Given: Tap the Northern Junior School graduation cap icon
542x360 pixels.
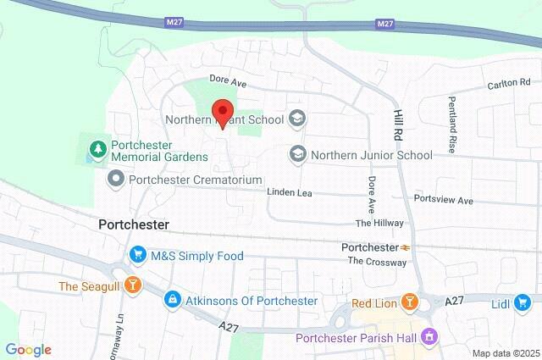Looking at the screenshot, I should pyautogui.click(x=297, y=154).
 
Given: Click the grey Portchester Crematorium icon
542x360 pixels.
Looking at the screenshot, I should pyautogui.click(x=115, y=180).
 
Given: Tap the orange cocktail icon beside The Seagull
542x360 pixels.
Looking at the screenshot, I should pyautogui.click(x=131, y=285).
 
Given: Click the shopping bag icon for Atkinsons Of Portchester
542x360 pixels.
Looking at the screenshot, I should pyautogui.click(x=173, y=300).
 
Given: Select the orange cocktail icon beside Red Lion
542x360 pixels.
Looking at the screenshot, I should pyautogui.click(x=409, y=302).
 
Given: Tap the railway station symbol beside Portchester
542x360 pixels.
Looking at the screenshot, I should pyautogui.click(x=407, y=247).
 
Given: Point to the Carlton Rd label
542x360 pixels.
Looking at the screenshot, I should pyautogui.click(x=507, y=85).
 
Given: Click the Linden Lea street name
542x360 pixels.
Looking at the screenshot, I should pyautogui.click(x=290, y=193).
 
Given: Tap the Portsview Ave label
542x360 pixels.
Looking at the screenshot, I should pyautogui.click(x=443, y=200).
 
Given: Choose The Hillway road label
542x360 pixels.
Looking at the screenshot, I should pyautogui.click(x=379, y=223).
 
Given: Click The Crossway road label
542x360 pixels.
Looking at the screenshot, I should pyautogui.click(x=378, y=262).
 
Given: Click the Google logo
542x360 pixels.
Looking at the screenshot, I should pyautogui.click(x=28, y=350).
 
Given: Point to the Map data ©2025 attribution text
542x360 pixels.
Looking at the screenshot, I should pyautogui.click(x=505, y=353).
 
